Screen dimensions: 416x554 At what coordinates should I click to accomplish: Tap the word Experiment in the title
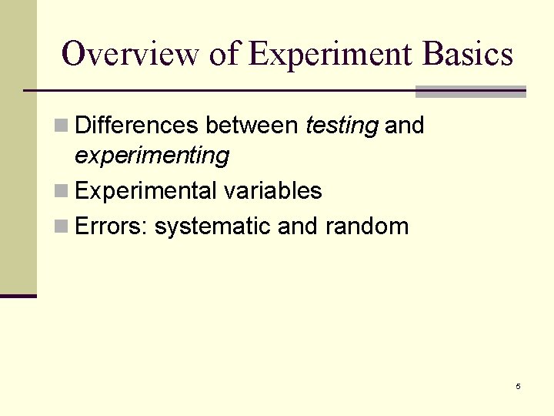click(x=331, y=54)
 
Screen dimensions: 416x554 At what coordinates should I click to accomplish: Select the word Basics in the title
click(x=467, y=54)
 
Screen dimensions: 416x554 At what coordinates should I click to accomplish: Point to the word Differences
click(x=138, y=125)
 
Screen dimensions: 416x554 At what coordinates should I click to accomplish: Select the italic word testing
click(x=342, y=125)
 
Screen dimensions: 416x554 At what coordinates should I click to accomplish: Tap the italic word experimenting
click(x=152, y=156)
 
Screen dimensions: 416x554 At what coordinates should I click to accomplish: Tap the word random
click(x=366, y=226)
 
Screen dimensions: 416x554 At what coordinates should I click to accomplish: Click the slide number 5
click(x=518, y=386)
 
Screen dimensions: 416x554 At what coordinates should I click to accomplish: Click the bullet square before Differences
click(x=62, y=126)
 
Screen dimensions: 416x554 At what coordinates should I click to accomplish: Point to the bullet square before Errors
click(x=62, y=226)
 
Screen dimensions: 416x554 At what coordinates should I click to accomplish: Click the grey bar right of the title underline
click(x=470, y=92)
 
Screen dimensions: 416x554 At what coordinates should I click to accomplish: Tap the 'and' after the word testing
click(x=404, y=125)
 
